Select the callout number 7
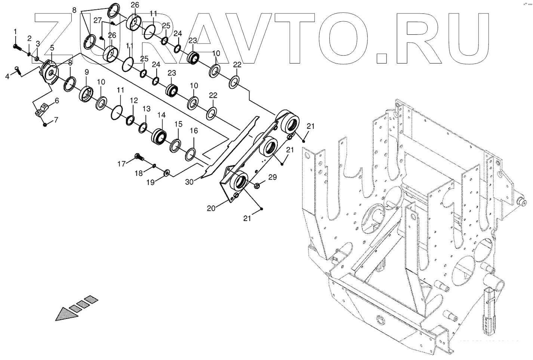(x=56, y=120)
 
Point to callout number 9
(x=86, y=72)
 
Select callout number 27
(x=98, y=21)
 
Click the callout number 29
(x=272, y=177)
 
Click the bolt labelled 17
(x=138, y=157)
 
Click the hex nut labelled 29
(x=257, y=185)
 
